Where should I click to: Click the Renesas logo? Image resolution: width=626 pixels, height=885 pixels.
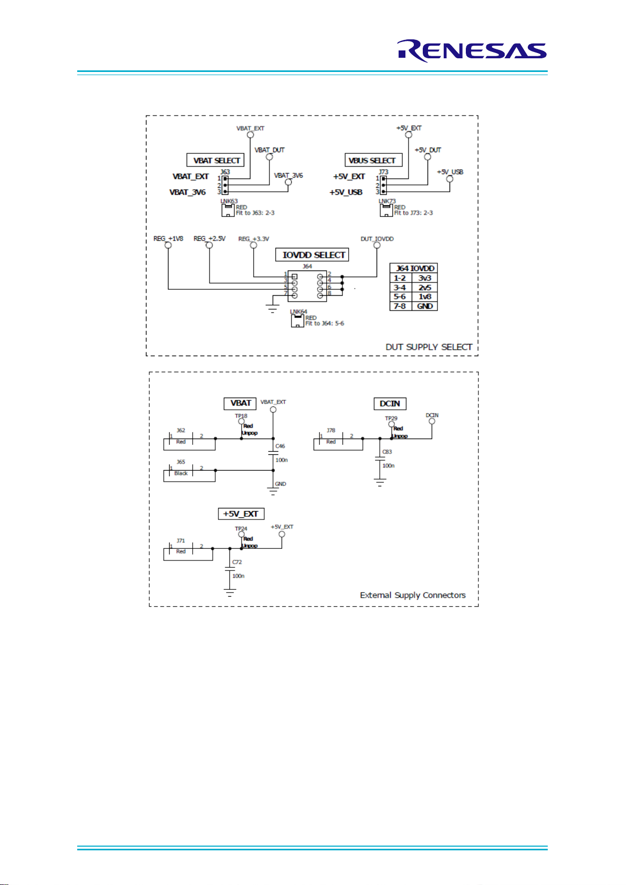pyautogui.click(x=472, y=51)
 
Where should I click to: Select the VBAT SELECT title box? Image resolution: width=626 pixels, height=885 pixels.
pyautogui.click(x=215, y=160)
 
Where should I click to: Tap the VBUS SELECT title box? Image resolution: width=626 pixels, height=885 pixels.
pyautogui.click(x=373, y=160)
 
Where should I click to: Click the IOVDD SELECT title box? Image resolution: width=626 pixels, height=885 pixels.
pyautogui.click(x=312, y=255)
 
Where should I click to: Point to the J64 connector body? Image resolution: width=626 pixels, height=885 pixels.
pyautogui.click(x=307, y=286)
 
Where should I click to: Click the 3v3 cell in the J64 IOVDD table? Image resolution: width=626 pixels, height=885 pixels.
pyautogui.click(x=424, y=278)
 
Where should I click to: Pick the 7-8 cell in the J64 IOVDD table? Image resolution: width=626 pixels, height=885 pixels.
pyautogui.click(x=401, y=306)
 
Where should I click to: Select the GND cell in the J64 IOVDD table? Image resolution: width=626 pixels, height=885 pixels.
pyautogui.click(x=424, y=306)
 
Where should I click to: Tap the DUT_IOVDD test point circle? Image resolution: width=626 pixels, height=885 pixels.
pyautogui.click(x=377, y=245)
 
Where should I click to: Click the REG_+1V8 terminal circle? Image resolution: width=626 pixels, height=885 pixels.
pyautogui.click(x=168, y=245)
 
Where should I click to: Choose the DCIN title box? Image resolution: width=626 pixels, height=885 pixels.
pyautogui.click(x=390, y=403)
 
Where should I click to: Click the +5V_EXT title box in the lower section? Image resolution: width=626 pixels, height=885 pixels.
pyautogui.click(x=241, y=514)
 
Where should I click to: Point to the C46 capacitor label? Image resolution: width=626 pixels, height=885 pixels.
pyautogui.click(x=280, y=446)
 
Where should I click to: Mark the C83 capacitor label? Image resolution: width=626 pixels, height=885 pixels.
pyautogui.click(x=387, y=452)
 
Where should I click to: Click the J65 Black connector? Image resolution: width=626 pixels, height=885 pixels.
pyautogui.click(x=190, y=473)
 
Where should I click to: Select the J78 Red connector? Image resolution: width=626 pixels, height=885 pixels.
pyautogui.click(x=339, y=441)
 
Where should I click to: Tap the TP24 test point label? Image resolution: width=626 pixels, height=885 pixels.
pyautogui.click(x=241, y=528)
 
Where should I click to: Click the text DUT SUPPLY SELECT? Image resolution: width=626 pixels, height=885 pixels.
pyautogui.click(x=429, y=347)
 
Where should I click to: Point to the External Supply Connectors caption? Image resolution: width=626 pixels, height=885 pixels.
pyautogui.click(x=413, y=595)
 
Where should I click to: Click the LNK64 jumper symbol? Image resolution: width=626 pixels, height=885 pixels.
pyautogui.click(x=297, y=321)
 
